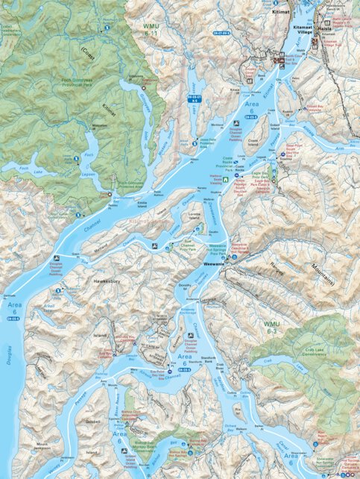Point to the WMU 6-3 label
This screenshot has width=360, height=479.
(x=274, y=325)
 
